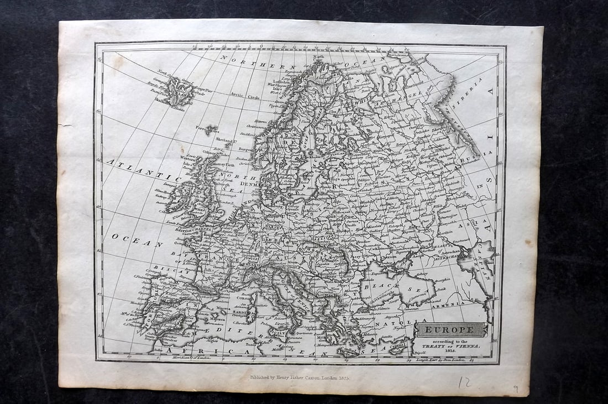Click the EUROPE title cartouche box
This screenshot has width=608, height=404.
452,330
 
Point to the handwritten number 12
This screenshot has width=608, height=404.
466,381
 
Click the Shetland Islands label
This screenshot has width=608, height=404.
221,141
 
